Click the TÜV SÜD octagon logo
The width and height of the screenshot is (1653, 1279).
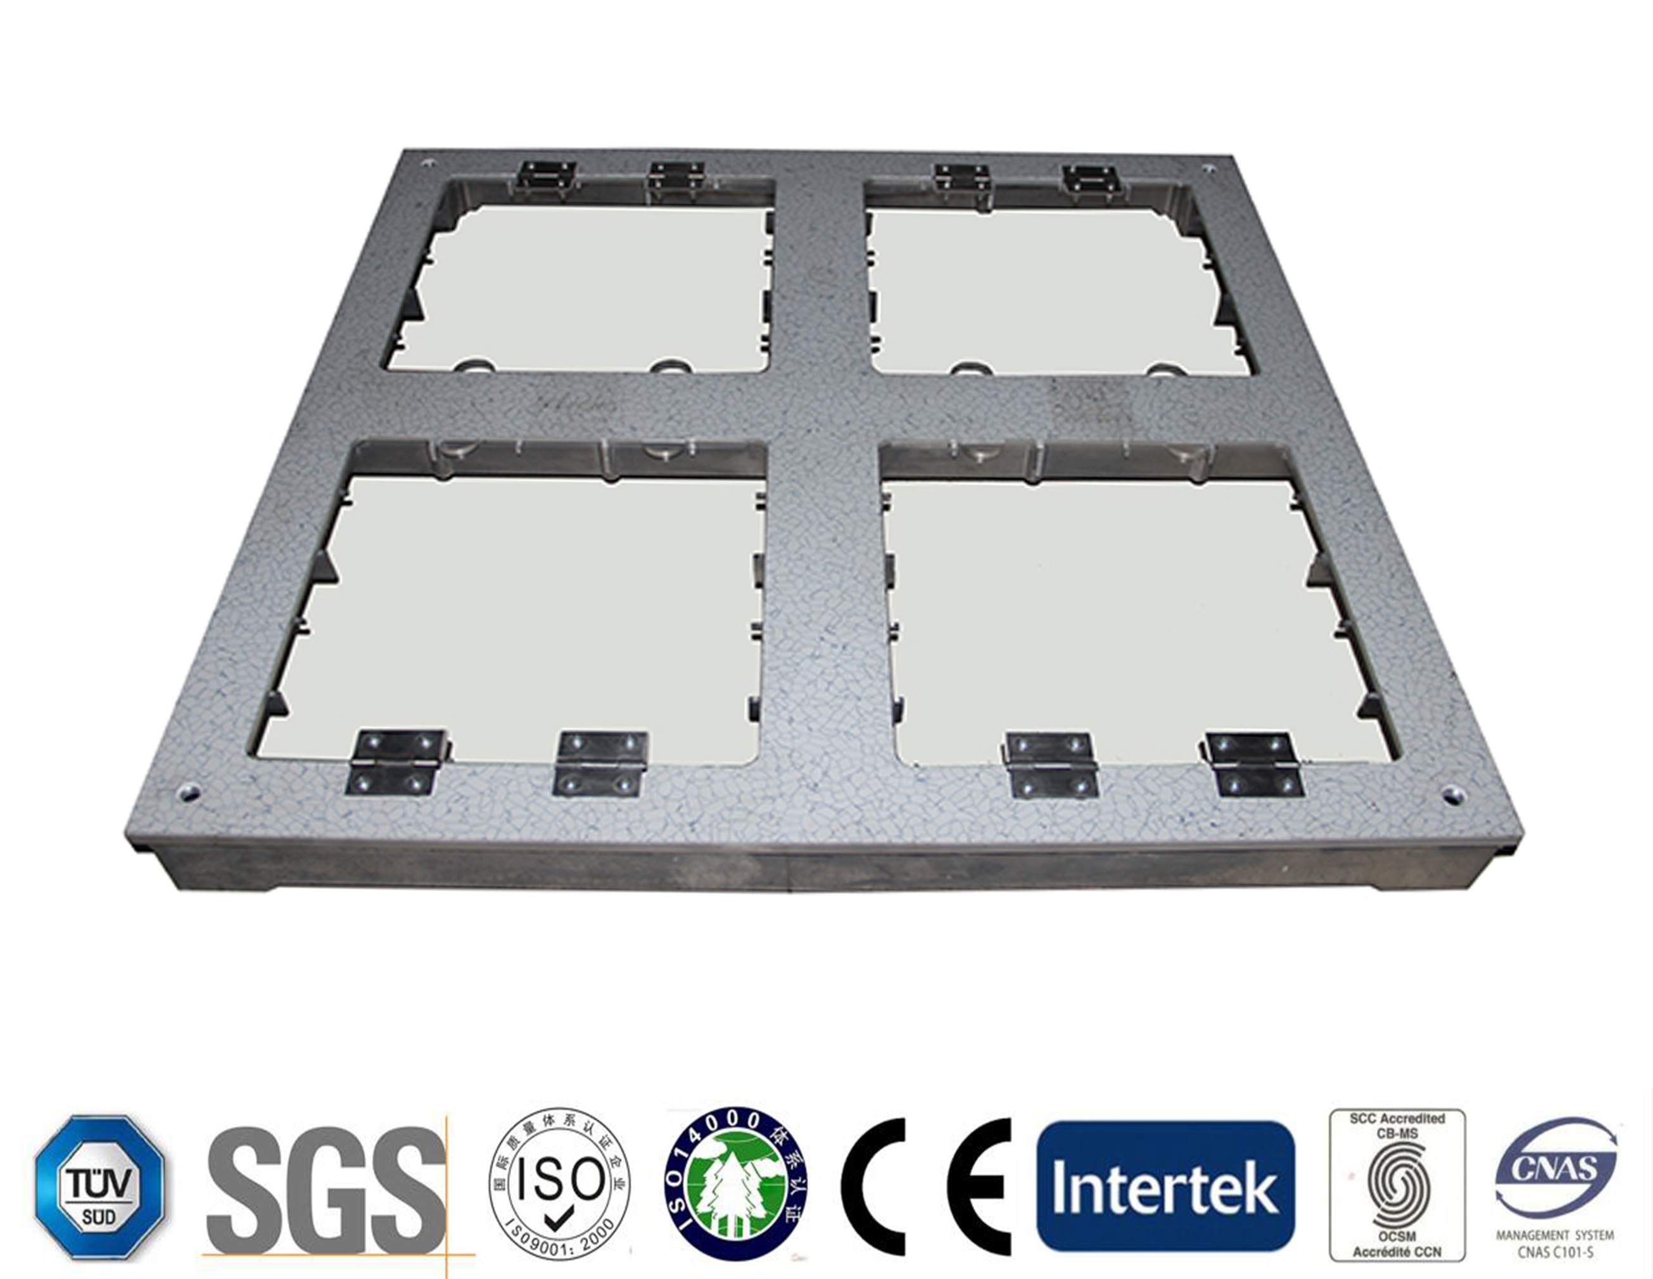click(x=100, y=1187)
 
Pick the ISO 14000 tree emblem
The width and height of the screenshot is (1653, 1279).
click(x=735, y=1187)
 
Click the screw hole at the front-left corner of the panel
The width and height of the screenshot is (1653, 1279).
click(x=186, y=794)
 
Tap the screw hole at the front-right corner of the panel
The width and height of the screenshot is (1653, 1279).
click(x=1451, y=795)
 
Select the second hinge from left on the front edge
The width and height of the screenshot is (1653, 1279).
click(x=601, y=763)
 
